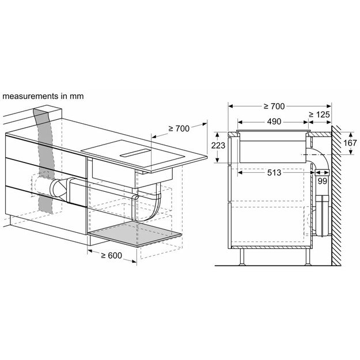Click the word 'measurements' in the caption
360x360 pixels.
[30, 96]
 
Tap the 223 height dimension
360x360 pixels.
[218, 146]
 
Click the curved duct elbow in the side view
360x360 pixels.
[319, 158]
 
